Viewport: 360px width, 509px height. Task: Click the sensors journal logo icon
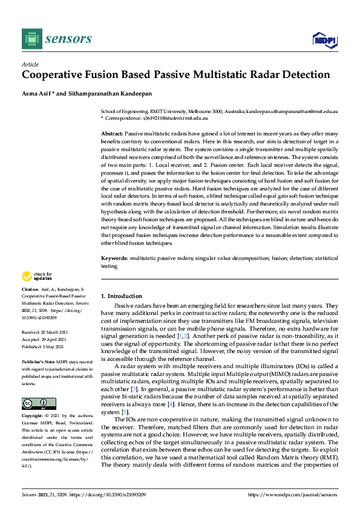[31, 39]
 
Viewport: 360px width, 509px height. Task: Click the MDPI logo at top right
[324, 40]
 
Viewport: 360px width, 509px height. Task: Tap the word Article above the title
[30, 63]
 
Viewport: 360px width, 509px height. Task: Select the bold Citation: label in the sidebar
[31, 290]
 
